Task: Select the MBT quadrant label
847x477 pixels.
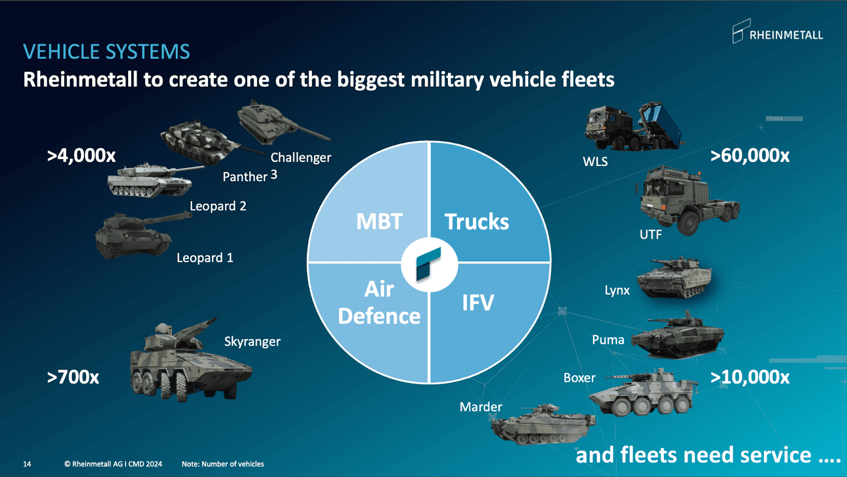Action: coord(379,222)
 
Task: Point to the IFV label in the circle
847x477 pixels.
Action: coord(478,303)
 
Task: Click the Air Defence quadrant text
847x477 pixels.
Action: coord(379,303)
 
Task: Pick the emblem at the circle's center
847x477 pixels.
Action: coord(429,264)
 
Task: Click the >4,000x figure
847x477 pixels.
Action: coord(82,155)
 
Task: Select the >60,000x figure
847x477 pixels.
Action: coord(750,155)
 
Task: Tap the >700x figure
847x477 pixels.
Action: coord(73,377)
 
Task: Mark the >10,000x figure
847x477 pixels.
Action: coord(750,377)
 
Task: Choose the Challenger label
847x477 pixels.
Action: coord(301,158)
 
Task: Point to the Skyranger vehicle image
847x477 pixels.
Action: coord(188,362)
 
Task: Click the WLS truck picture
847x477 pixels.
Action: coord(633,127)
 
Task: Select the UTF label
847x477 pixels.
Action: coord(651,235)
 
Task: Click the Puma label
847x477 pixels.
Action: coord(608,340)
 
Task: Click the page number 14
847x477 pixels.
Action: coord(27,464)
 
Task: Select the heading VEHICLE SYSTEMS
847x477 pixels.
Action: coord(106,52)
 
